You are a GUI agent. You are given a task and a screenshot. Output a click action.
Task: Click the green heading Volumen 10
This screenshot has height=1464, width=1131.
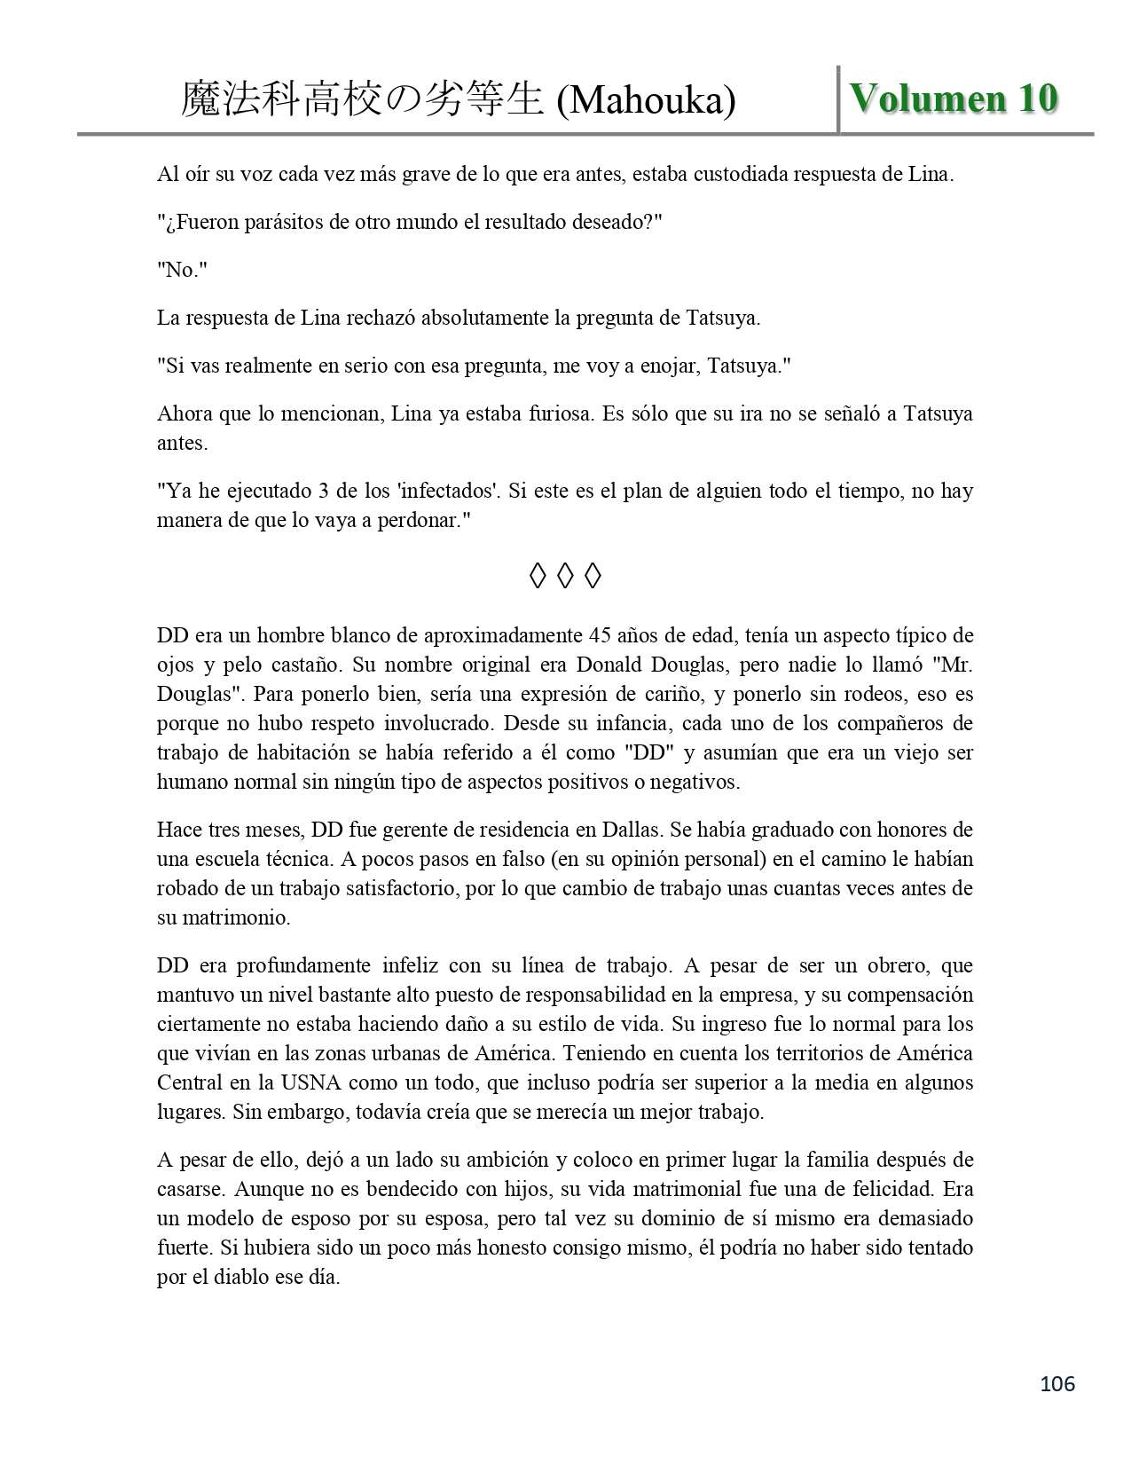[954, 98]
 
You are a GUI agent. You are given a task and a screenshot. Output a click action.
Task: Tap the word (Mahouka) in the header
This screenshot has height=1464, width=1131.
[646, 101]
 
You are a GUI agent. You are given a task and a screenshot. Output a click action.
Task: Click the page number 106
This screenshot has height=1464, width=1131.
[1056, 1383]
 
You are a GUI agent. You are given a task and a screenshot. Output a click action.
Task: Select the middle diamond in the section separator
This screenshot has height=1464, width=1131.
[565, 577]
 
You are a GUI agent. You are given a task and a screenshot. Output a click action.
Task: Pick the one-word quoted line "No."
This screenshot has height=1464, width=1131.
[182, 270]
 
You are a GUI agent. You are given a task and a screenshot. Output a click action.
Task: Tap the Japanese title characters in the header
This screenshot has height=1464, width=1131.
[361, 100]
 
